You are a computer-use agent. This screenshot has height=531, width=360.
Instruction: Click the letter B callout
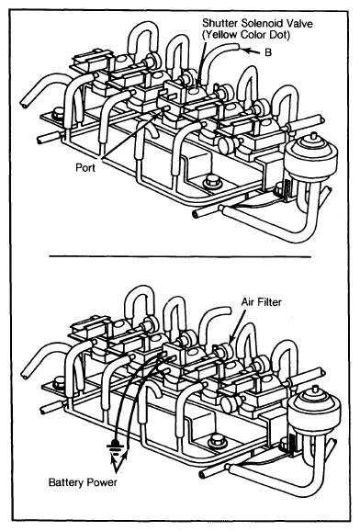(x=268, y=52)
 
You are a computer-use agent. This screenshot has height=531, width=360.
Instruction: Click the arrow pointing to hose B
(x=252, y=51)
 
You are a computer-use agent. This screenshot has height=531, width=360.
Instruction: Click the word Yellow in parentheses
(x=220, y=35)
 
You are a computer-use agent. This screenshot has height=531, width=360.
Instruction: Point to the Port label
(x=85, y=167)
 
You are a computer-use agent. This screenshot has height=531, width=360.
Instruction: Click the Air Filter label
(x=261, y=301)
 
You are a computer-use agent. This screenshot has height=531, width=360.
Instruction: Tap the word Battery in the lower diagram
(x=67, y=482)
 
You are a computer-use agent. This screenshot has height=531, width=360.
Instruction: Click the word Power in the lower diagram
(x=102, y=482)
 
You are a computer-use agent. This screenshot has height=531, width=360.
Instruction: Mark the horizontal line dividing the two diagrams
(x=180, y=256)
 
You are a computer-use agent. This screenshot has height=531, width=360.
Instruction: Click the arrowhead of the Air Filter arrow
(x=231, y=340)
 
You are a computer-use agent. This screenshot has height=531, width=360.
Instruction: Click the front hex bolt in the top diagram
(x=210, y=182)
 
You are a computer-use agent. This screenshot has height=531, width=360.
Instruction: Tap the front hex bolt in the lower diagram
(x=216, y=442)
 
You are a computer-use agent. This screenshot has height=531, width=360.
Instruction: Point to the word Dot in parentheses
(x=281, y=35)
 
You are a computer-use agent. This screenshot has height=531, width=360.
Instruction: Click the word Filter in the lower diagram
(x=269, y=301)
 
